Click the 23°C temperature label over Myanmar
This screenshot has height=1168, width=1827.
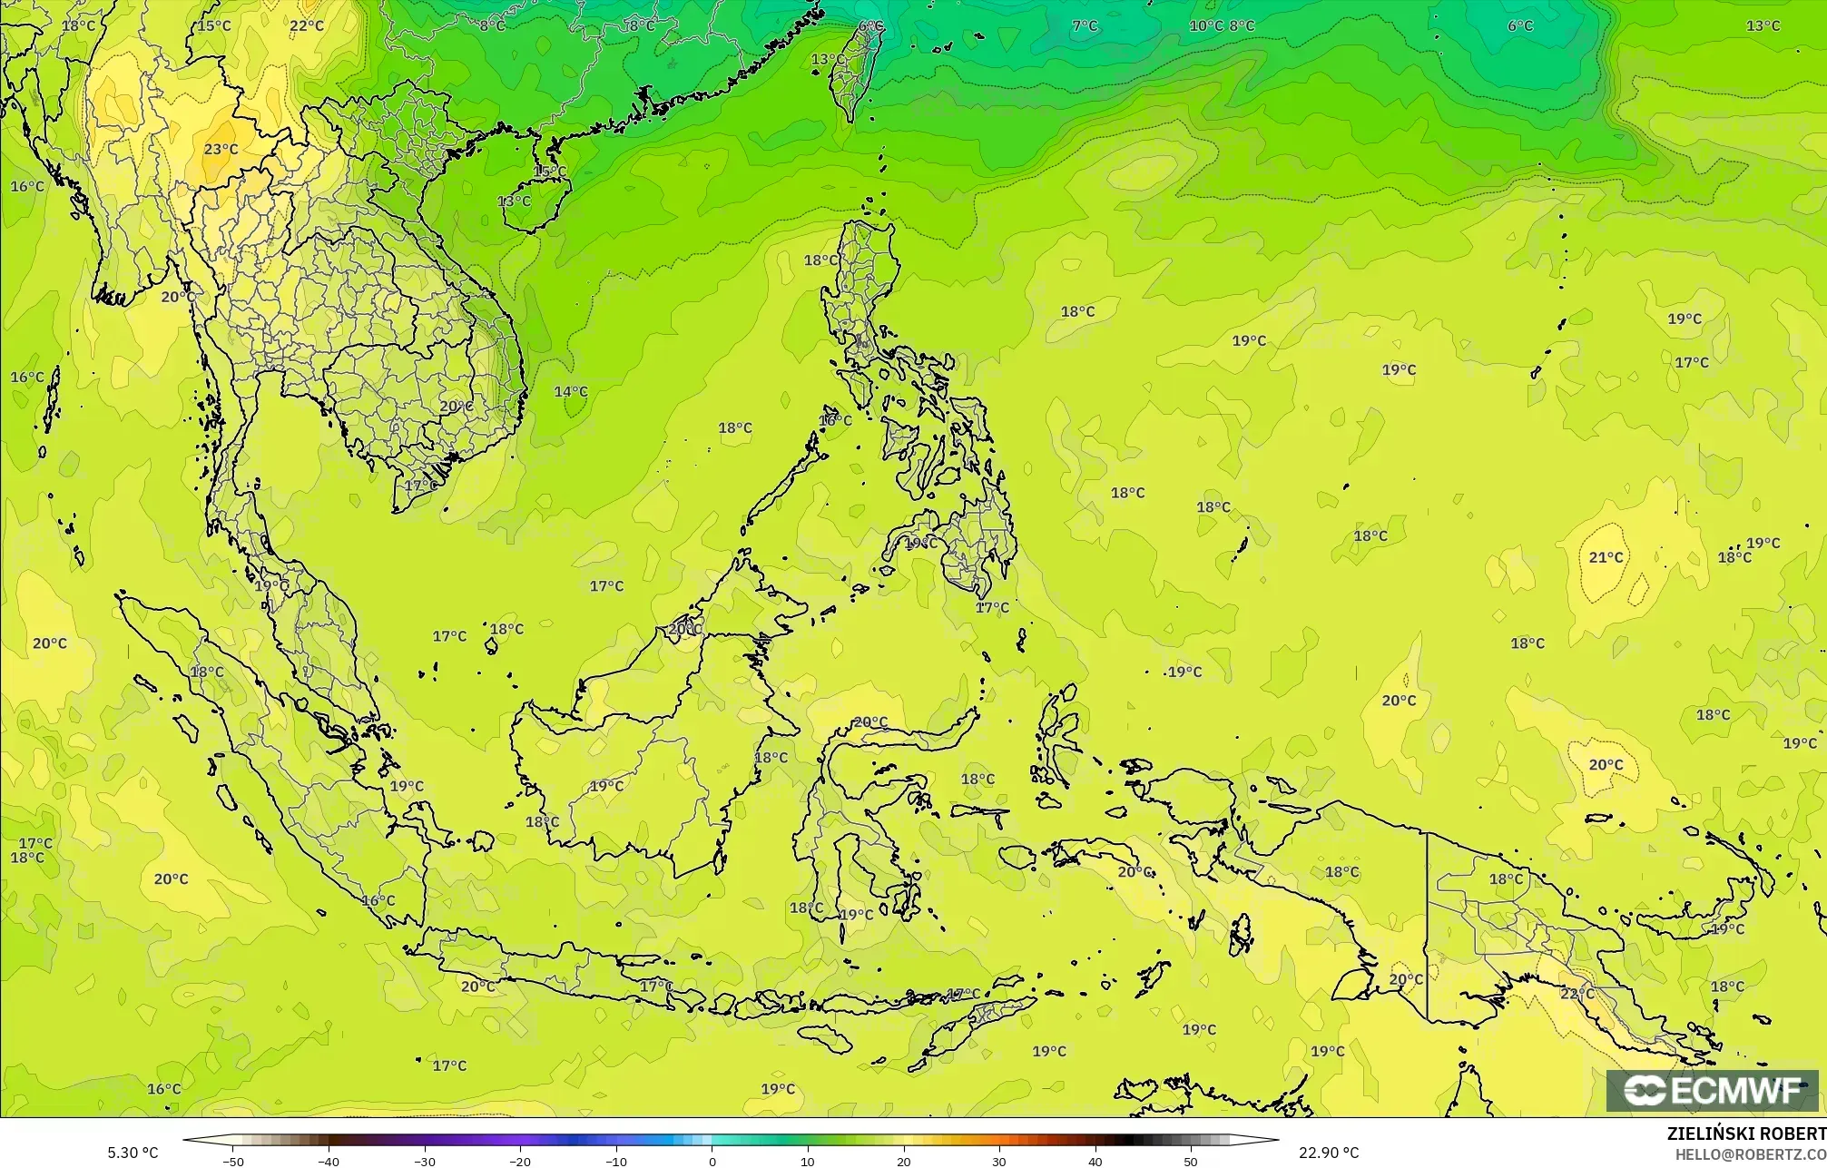(x=221, y=149)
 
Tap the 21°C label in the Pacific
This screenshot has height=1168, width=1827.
(x=1606, y=556)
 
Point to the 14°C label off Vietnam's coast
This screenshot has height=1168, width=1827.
(x=571, y=391)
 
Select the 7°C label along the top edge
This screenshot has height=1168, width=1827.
(x=1085, y=25)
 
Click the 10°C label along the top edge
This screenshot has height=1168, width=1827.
(x=1206, y=25)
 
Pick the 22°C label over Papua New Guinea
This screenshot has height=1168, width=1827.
(x=1577, y=994)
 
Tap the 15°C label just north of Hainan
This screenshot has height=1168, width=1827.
(x=550, y=171)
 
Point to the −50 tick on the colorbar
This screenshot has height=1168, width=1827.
(x=233, y=1162)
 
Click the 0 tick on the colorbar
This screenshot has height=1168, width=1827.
(x=712, y=1162)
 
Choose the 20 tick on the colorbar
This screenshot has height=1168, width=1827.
(x=904, y=1162)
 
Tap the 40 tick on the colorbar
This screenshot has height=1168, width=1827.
(x=1095, y=1162)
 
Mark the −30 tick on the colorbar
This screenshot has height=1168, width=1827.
(x=425, y=1162)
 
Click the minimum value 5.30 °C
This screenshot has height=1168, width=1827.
(x=133, y=1153)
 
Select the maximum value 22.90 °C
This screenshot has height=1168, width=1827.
(x=1329, y=1153)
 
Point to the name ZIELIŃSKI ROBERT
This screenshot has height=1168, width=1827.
(x=1746, y=1134)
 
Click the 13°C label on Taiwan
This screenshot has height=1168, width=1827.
(x=828, y=60)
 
